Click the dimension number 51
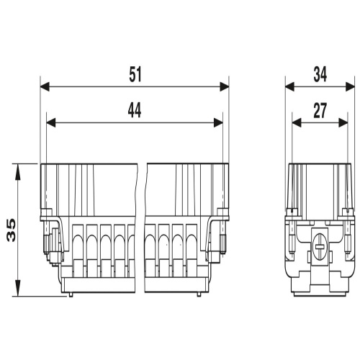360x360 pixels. click(135, 75)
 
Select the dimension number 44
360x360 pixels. click(135, 110)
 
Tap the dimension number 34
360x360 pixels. click(320, 75)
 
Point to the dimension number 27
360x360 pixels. click(320, 111)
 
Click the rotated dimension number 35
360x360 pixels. click(12, 230)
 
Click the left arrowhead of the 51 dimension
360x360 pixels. click(45, 86)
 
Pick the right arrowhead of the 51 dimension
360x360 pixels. click(225, 86)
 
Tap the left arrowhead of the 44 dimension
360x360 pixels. click(51, 122)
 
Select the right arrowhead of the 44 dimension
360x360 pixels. click(218, 122)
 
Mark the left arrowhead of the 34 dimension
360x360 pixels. click(290, 86)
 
